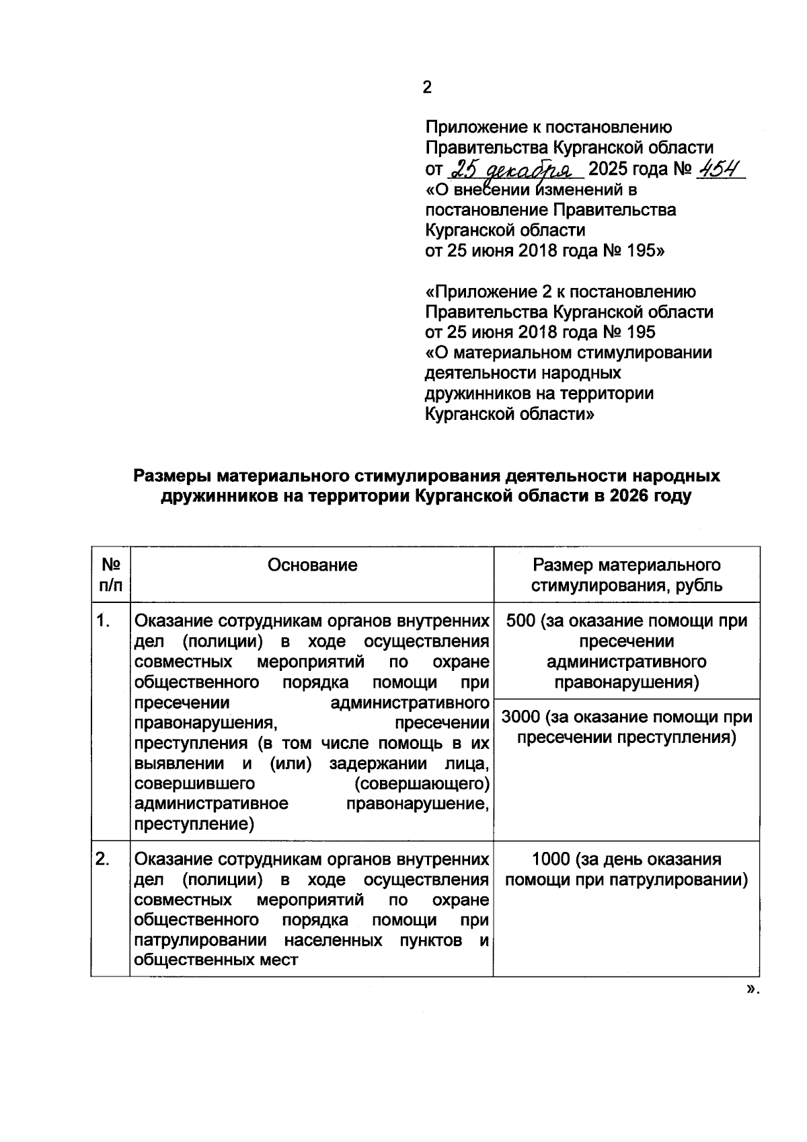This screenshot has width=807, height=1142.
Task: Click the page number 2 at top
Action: [427, 87]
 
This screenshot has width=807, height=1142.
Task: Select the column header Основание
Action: [312, 565]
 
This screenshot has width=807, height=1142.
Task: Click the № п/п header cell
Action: [110, 574]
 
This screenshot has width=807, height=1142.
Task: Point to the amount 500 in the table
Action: [520, 620]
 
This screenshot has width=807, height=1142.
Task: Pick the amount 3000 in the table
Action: [521, 717]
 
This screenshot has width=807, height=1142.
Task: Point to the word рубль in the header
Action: [699, 585]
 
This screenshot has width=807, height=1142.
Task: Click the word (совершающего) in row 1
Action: [421, 784]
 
